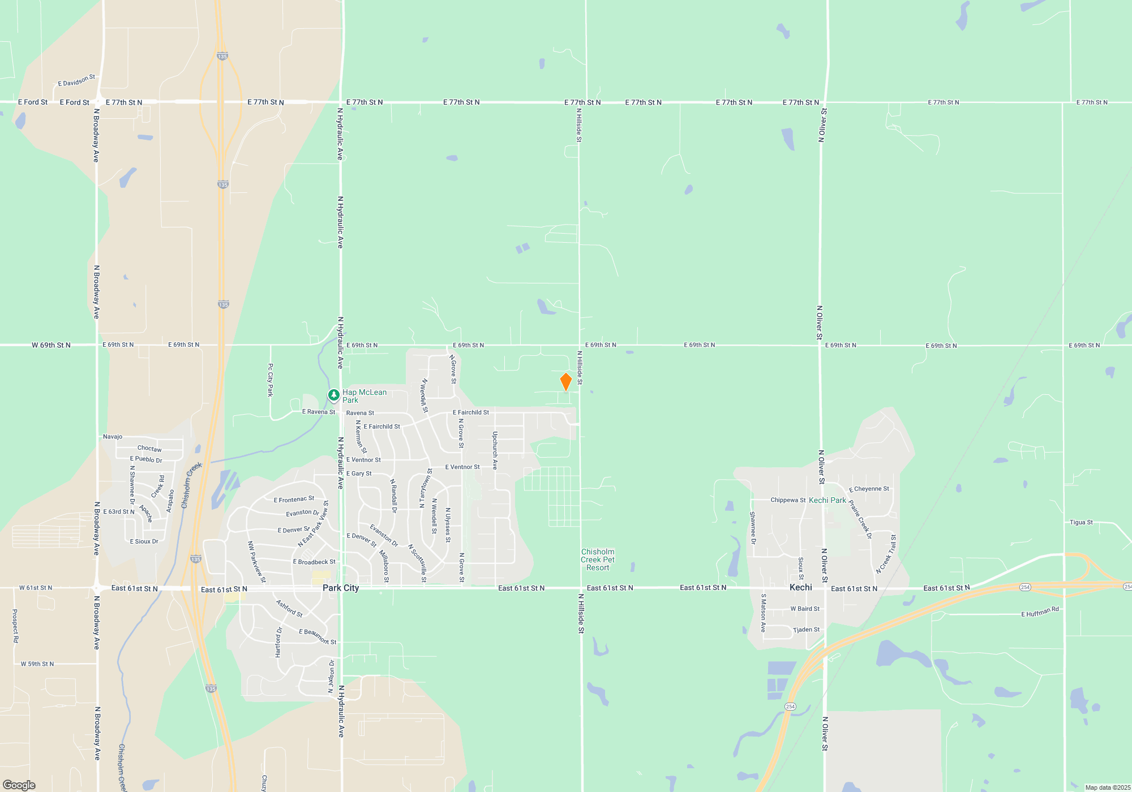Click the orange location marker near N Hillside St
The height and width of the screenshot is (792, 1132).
click(565, 382)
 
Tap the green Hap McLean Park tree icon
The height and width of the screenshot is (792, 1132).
click(334, 395)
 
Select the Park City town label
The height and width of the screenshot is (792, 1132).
click(341, 588)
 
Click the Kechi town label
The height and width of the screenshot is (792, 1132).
click(801, 587)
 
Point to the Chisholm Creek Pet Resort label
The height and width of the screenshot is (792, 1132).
click(598, 559)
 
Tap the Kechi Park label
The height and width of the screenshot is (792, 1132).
click(827, 500)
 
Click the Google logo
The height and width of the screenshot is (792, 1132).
click(19, 785)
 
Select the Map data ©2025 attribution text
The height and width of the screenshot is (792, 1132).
click(1108, 787)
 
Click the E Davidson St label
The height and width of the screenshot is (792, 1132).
click(76, 80)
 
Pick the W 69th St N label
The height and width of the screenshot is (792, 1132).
click(51, 345)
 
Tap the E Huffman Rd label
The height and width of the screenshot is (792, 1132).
click(1040, 612)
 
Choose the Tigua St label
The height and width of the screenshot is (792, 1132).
click(1081, 522)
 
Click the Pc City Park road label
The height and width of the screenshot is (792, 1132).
click(271, 380)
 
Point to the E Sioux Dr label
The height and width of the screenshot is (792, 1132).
click(144, 541)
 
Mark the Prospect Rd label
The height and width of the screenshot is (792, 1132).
click(15, 626)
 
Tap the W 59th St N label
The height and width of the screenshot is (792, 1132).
click(37, 664)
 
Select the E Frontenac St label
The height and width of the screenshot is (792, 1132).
click(294, 499)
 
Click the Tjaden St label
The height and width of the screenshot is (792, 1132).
click(806, 630)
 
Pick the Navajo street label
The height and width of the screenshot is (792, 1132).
click(113, 437)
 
